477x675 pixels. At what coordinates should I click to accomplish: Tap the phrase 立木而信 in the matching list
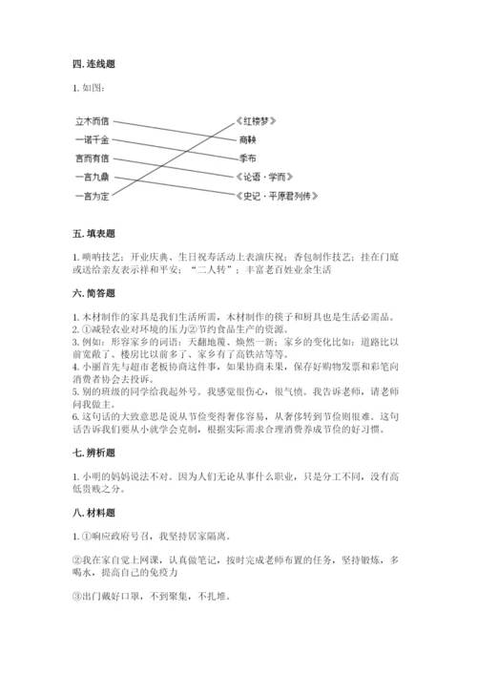coord(93,122)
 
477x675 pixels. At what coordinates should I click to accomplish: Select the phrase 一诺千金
coord(93,140)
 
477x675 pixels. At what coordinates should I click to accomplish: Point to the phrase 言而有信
coord(93,158)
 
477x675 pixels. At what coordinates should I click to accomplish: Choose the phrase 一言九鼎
coord(93,177)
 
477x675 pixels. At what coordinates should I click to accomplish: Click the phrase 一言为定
coord(93,196)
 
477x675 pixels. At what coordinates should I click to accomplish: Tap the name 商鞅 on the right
coord(249,140)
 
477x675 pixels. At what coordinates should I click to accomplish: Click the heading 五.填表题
coord(93,234)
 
